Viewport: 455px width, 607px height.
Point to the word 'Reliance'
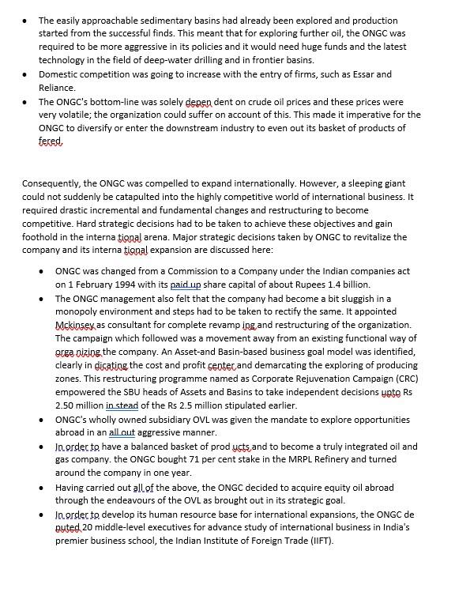point(57,88)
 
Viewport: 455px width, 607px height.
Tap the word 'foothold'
point(41,236)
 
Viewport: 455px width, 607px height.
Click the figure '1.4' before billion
point(310,285)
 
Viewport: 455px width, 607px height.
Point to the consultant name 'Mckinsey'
point(74,325)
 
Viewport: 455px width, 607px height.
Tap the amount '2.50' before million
point(66,405)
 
